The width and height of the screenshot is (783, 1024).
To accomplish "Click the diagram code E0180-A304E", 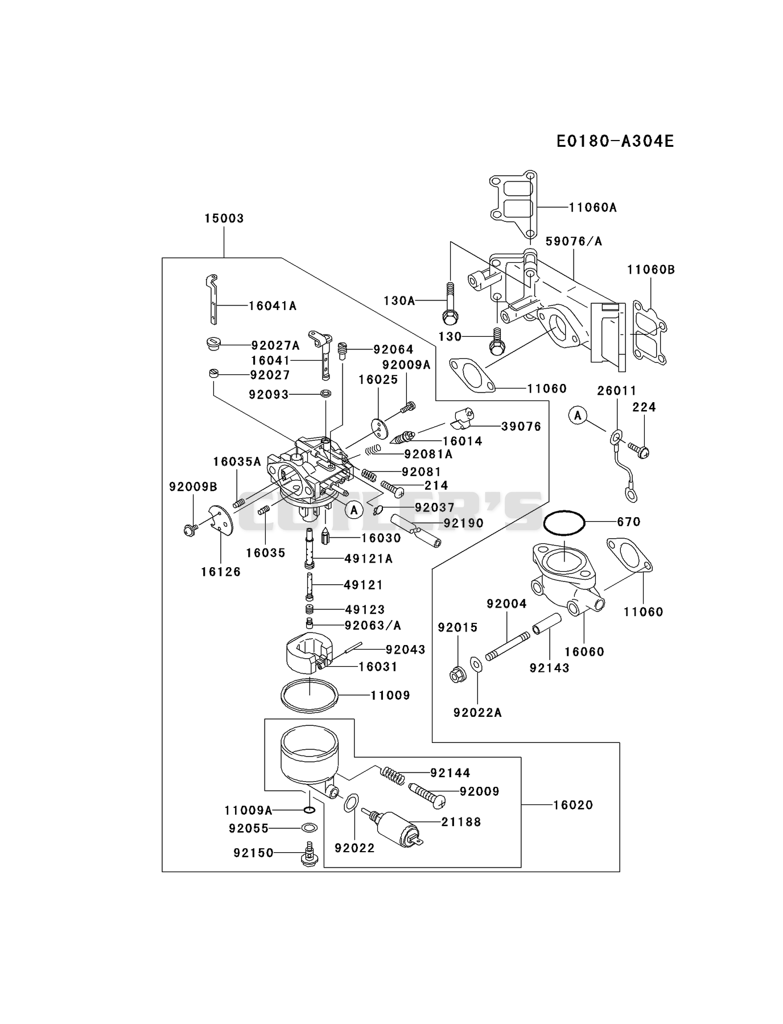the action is pyautogui.click(x=615, y=141).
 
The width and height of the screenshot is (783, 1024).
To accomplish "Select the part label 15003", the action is pyautogui.click(x=224, y=218).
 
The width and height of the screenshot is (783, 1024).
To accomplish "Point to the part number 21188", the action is pyautogui.click(x=461, y=821).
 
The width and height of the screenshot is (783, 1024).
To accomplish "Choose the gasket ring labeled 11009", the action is pyautogui.click(x=310, y=695).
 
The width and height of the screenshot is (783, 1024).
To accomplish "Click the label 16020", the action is pyautogui.click(x=573, y=805).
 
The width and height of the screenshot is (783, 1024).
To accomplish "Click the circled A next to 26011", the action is pyautogui.click(x=578, y=416).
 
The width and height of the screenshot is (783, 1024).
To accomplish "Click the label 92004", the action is pyautogui.click(x=506, y=604).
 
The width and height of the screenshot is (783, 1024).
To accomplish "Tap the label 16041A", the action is pyautogui.click(x=273, y=306).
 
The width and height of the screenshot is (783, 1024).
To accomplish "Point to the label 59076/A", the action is pyautogui.click(x=574, y=241).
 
